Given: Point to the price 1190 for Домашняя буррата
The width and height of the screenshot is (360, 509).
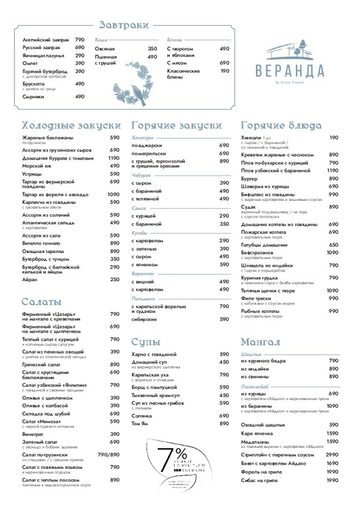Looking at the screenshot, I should pyautogui.click(x=114, y=158).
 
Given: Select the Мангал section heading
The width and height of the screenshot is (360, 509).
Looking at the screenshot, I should pyautogui.click(x=261, y=342).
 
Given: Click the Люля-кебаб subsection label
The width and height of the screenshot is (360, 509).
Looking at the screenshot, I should pyautogui.click(x=254, y=388).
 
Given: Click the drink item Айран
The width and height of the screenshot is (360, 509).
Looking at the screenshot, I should pyautogui.click(x=29, y=279).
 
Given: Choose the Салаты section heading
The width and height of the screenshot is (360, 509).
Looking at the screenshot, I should pyautogui.click(x=41, y=301).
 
